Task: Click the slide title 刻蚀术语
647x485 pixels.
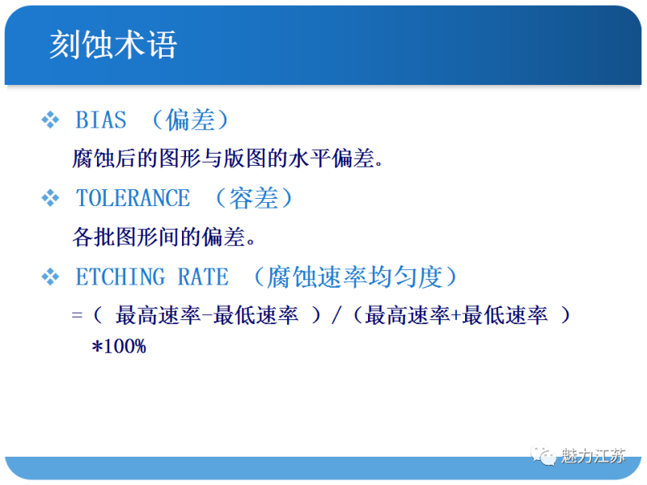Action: point(113,44)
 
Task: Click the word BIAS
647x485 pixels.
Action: point(101,120)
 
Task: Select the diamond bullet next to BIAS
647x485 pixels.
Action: point(50,120)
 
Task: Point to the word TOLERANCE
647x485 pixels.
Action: point(133,198)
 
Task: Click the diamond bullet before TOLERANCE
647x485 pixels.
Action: point(50,198)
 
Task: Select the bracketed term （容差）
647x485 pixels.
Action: point(254,198)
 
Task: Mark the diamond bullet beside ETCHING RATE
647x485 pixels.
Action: point(50,277)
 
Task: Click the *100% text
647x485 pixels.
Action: point(119,347)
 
